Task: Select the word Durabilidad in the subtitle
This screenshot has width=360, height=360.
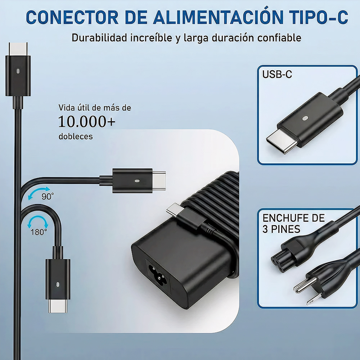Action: [x=99, y=38]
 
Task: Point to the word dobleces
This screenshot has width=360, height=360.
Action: [x=76, y=136]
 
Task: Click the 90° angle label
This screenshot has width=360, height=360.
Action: [x=48, y=197]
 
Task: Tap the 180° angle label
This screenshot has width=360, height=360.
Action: [x=39, y=232]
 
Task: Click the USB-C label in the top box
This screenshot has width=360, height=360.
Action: [x=277, y=74]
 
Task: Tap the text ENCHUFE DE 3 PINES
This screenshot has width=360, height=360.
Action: [x=293, y=224]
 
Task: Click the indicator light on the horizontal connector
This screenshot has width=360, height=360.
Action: [x=137, y=181]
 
